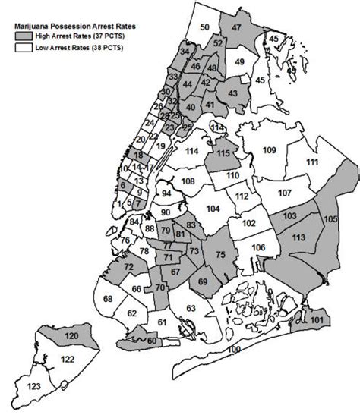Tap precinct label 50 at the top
coord(204,27)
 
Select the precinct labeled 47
coord(236,27)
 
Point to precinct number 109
coord(269,151)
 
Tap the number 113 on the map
coord(298,237)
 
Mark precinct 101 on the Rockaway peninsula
coord(317,320)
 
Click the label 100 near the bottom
coord(233,348)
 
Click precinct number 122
coord(68,359)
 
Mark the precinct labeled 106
coord(258,247)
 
